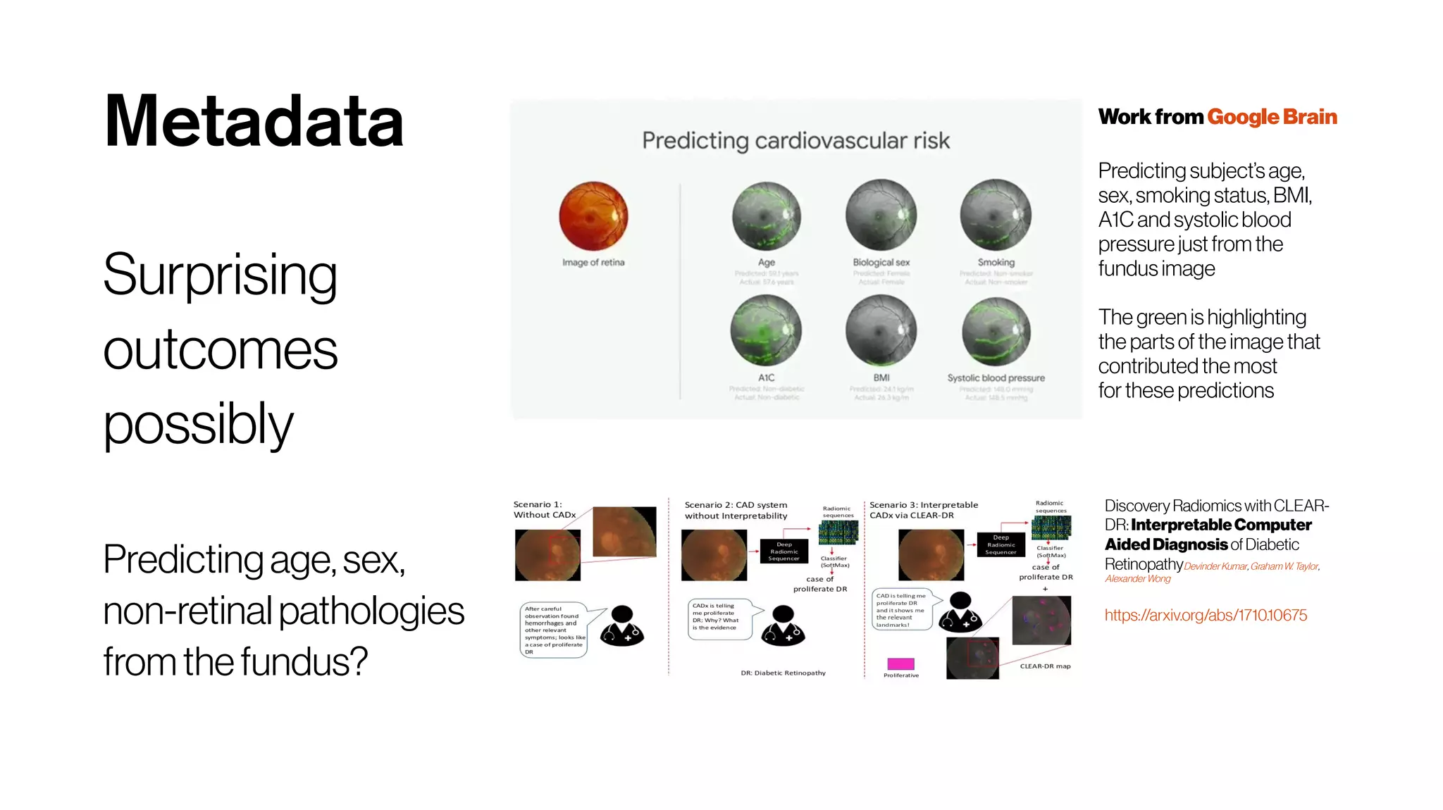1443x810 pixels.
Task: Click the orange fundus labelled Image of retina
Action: click(593, 216)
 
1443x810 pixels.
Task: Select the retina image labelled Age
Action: click(766, 216)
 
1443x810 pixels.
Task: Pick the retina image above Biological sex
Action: click(881, 215)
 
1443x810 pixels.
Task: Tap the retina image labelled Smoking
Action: click(996, 215)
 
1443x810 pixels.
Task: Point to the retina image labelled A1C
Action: click(766, 330)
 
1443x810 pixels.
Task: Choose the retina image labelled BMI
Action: click(881, 330)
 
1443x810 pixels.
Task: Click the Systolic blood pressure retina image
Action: click(996, 331)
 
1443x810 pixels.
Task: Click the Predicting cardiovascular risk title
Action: click(795, 140)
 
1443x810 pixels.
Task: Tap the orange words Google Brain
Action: click(1272, 117)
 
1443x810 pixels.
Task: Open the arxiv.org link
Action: click(1205, 615)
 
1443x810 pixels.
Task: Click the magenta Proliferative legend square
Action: click(900, 663)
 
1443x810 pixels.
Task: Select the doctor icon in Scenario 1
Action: click(621, 626)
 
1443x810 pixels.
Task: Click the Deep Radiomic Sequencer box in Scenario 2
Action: click(784, 552)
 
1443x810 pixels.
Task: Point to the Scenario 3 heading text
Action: click(923, 510)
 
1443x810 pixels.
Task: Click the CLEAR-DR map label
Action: click(1045, 666)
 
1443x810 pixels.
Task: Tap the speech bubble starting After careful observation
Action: click(555, 630)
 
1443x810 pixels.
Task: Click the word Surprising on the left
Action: click(220, 275)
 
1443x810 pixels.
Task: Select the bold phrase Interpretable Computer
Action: click(1221, 525)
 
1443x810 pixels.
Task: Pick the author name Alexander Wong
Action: click(1137, 579)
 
